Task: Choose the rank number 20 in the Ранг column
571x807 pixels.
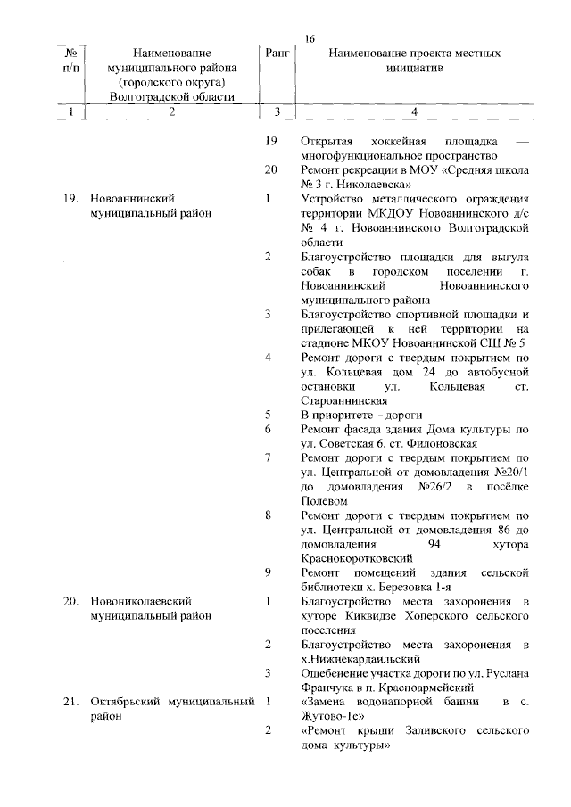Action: click(x=273, y=169)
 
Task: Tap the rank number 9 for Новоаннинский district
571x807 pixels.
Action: click(x=269, y=572)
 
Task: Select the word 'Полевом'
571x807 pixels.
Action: click(x=324, y=501)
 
